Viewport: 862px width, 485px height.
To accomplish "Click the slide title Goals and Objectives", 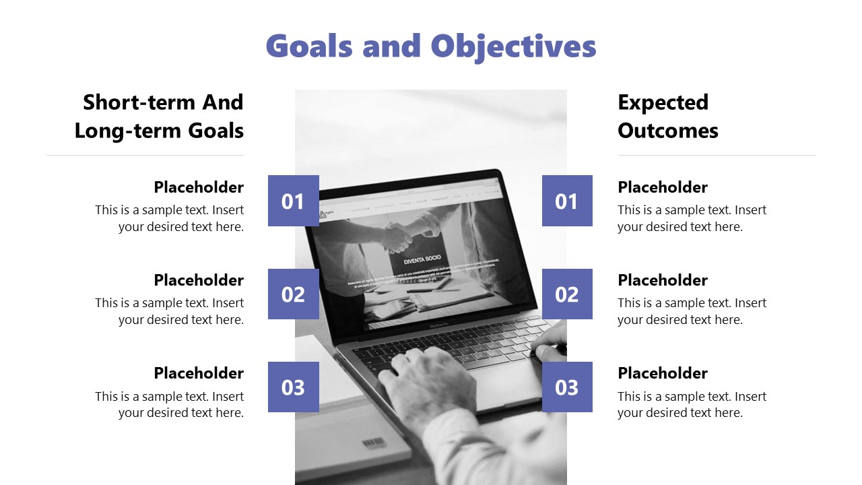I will pos(431,46).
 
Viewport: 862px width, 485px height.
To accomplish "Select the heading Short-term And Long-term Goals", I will pos(160,116).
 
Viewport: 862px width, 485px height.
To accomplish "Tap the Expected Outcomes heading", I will pos(667,116).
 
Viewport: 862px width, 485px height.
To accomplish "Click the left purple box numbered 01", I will pos(293,201).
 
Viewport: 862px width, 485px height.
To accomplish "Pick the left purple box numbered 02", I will pos(293,294).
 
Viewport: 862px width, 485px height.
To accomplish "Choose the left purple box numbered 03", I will pos(293,387).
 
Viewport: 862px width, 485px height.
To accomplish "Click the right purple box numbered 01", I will pos(567,201).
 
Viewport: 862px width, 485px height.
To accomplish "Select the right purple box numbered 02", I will pos(567,294).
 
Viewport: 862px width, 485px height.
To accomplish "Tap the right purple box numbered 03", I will pos(567,387).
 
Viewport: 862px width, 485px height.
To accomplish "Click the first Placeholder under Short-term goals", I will pos(199,187).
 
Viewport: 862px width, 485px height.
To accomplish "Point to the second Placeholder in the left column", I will pos(199,280).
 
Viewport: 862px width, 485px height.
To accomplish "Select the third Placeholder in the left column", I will pos(199,373).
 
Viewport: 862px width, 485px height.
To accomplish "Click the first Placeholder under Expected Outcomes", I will pos(663,187).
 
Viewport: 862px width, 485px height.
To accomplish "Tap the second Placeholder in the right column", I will pos(663,280).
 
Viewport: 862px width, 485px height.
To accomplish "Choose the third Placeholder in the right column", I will pos(663,373).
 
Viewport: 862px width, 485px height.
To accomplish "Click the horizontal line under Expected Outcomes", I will pos(717,156).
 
